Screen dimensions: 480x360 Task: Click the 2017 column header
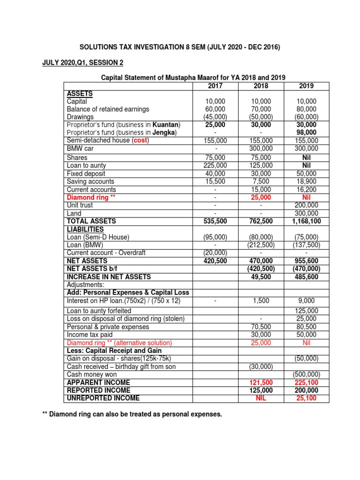click(216, 86)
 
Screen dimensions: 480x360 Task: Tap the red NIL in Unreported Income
click(261, 398)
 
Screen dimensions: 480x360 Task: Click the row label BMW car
click(80, 148)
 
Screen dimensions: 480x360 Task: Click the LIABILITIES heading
click(86, 229)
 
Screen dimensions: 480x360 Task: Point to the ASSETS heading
click(80, 93)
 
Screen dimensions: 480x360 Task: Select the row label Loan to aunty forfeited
click(99, 311)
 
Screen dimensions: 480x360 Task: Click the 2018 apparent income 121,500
click(261, 382)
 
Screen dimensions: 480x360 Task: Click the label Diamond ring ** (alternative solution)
click(120, 343)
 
